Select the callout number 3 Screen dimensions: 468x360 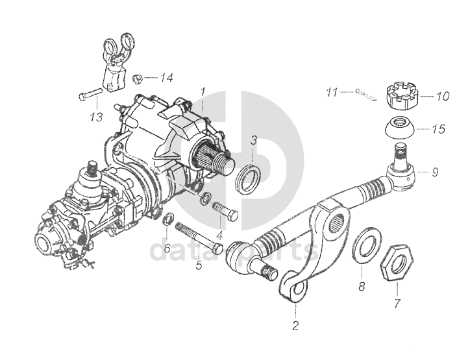tap(254, 139)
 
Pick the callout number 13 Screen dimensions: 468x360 tap(97, 117)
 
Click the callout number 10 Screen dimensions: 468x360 tap(442, 97)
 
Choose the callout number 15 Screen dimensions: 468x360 tap(439, 129)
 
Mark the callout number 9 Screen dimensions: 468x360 tap(435, 173)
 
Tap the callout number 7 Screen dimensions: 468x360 tap(397, 302)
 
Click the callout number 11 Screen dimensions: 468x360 tap(332, 93)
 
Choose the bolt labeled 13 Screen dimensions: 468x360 tap(90, 97)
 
